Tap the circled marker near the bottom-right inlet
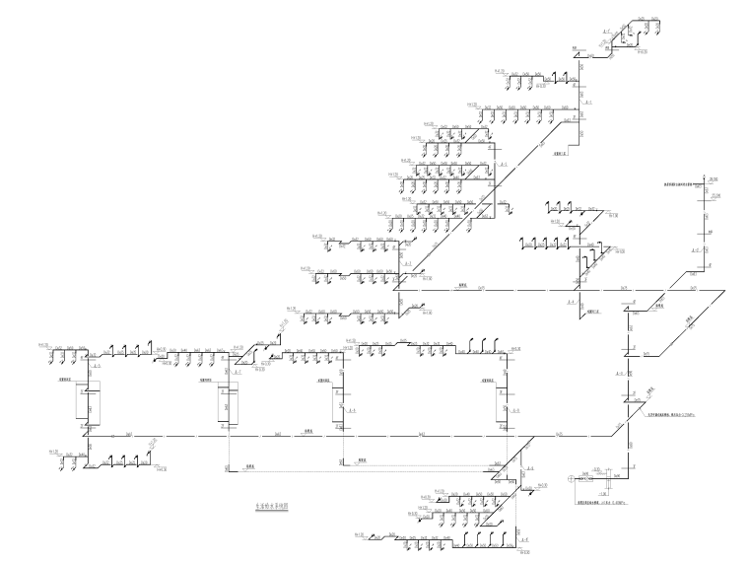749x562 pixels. click(x=571, y=480)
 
